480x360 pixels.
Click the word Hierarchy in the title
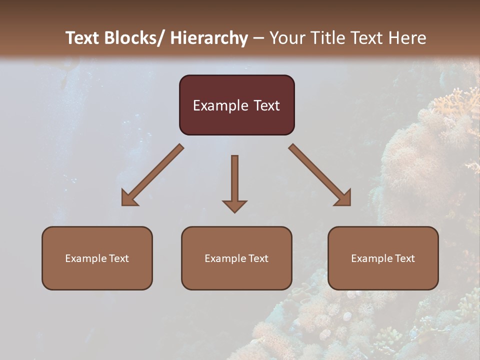click(x=209, y=38)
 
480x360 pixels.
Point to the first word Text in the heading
click(x=83, y=38)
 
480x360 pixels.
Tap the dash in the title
click(x=258, y=38)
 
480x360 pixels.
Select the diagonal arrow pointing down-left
click(x=152, y=175)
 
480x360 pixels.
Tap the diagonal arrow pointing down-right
click(x=320, y=175)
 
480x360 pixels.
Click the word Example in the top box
click(x=220, y=106)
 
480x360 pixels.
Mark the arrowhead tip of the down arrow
click(x=234, y=212)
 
